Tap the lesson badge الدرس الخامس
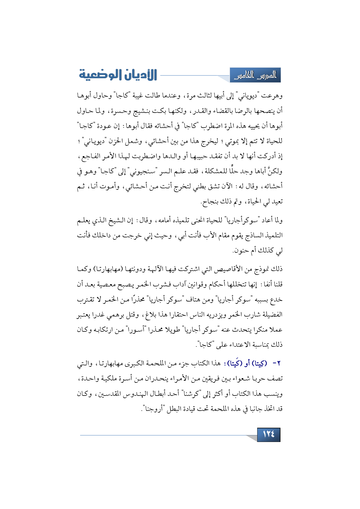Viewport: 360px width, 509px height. [255, 75]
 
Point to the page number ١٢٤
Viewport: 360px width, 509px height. [269, 434]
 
